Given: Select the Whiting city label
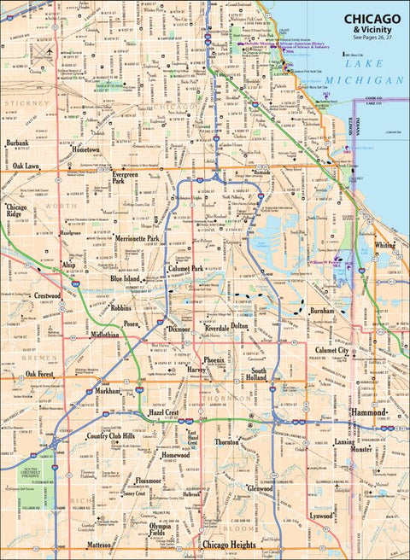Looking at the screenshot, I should tap(385, 245).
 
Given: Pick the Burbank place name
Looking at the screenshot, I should tap(17, 143).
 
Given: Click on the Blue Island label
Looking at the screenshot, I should tap(129, 278).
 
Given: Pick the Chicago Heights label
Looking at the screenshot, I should tap(228, 543).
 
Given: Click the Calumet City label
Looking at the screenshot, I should tap(332, 350).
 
